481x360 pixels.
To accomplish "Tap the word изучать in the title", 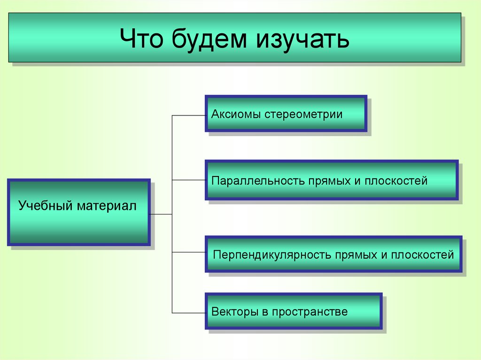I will [302, 38].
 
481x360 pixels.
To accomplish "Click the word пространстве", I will [310, 311].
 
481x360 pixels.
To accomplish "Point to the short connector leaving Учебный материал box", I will [161, 214].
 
